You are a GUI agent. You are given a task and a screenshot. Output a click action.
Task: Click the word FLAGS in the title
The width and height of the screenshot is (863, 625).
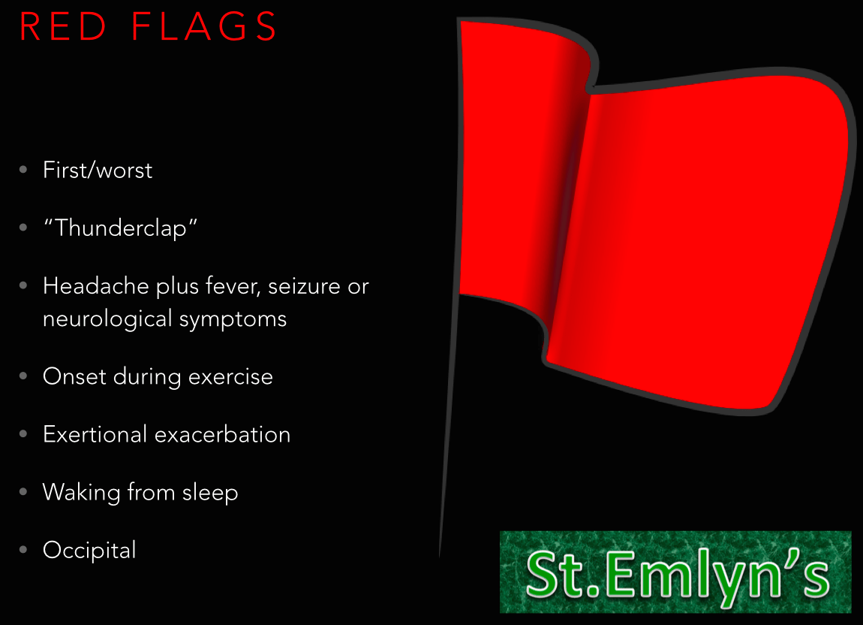(x=204, y=27)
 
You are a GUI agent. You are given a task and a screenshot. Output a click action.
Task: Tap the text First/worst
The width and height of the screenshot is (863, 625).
(x=98, y=171)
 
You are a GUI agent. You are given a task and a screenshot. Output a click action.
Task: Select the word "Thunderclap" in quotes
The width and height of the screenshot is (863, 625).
(x=120, y=228)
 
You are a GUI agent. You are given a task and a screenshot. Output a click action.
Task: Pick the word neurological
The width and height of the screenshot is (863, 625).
(x=107, y=319)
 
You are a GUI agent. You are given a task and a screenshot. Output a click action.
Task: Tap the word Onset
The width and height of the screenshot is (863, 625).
(x=75, y=376)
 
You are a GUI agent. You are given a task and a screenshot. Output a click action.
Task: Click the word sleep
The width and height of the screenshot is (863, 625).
(x=210, y=492)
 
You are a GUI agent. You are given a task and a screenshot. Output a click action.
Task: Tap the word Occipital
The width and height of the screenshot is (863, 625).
(x=89, y=550)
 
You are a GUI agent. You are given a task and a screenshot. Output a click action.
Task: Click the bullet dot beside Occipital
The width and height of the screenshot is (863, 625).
(x=24, y=550)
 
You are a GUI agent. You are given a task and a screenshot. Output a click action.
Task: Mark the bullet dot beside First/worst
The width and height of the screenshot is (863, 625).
(x=24, y=170)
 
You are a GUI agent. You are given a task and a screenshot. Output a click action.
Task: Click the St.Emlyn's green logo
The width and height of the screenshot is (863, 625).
(x=675, y=572)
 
